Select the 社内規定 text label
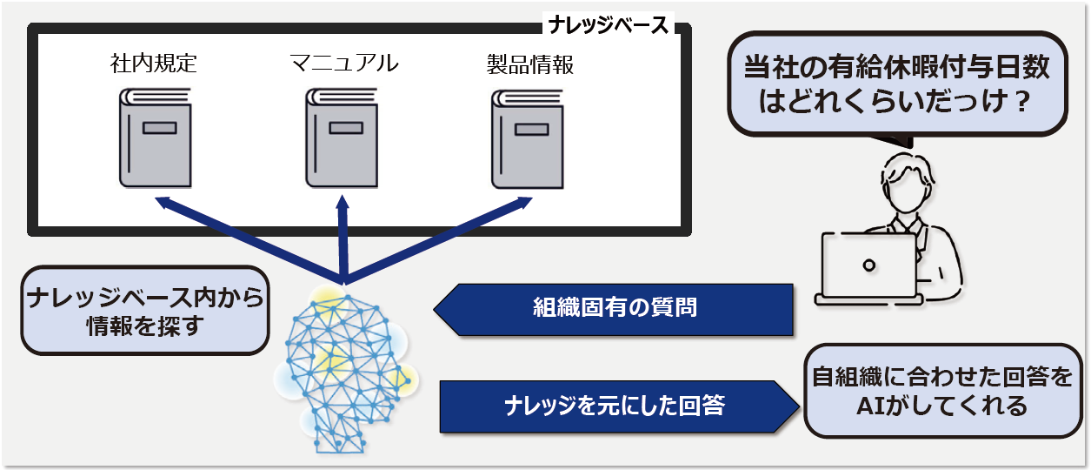154,64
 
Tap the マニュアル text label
343,64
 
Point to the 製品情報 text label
530,64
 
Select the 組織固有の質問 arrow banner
614,309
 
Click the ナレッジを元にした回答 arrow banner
617,406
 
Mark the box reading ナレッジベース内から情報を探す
144,312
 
